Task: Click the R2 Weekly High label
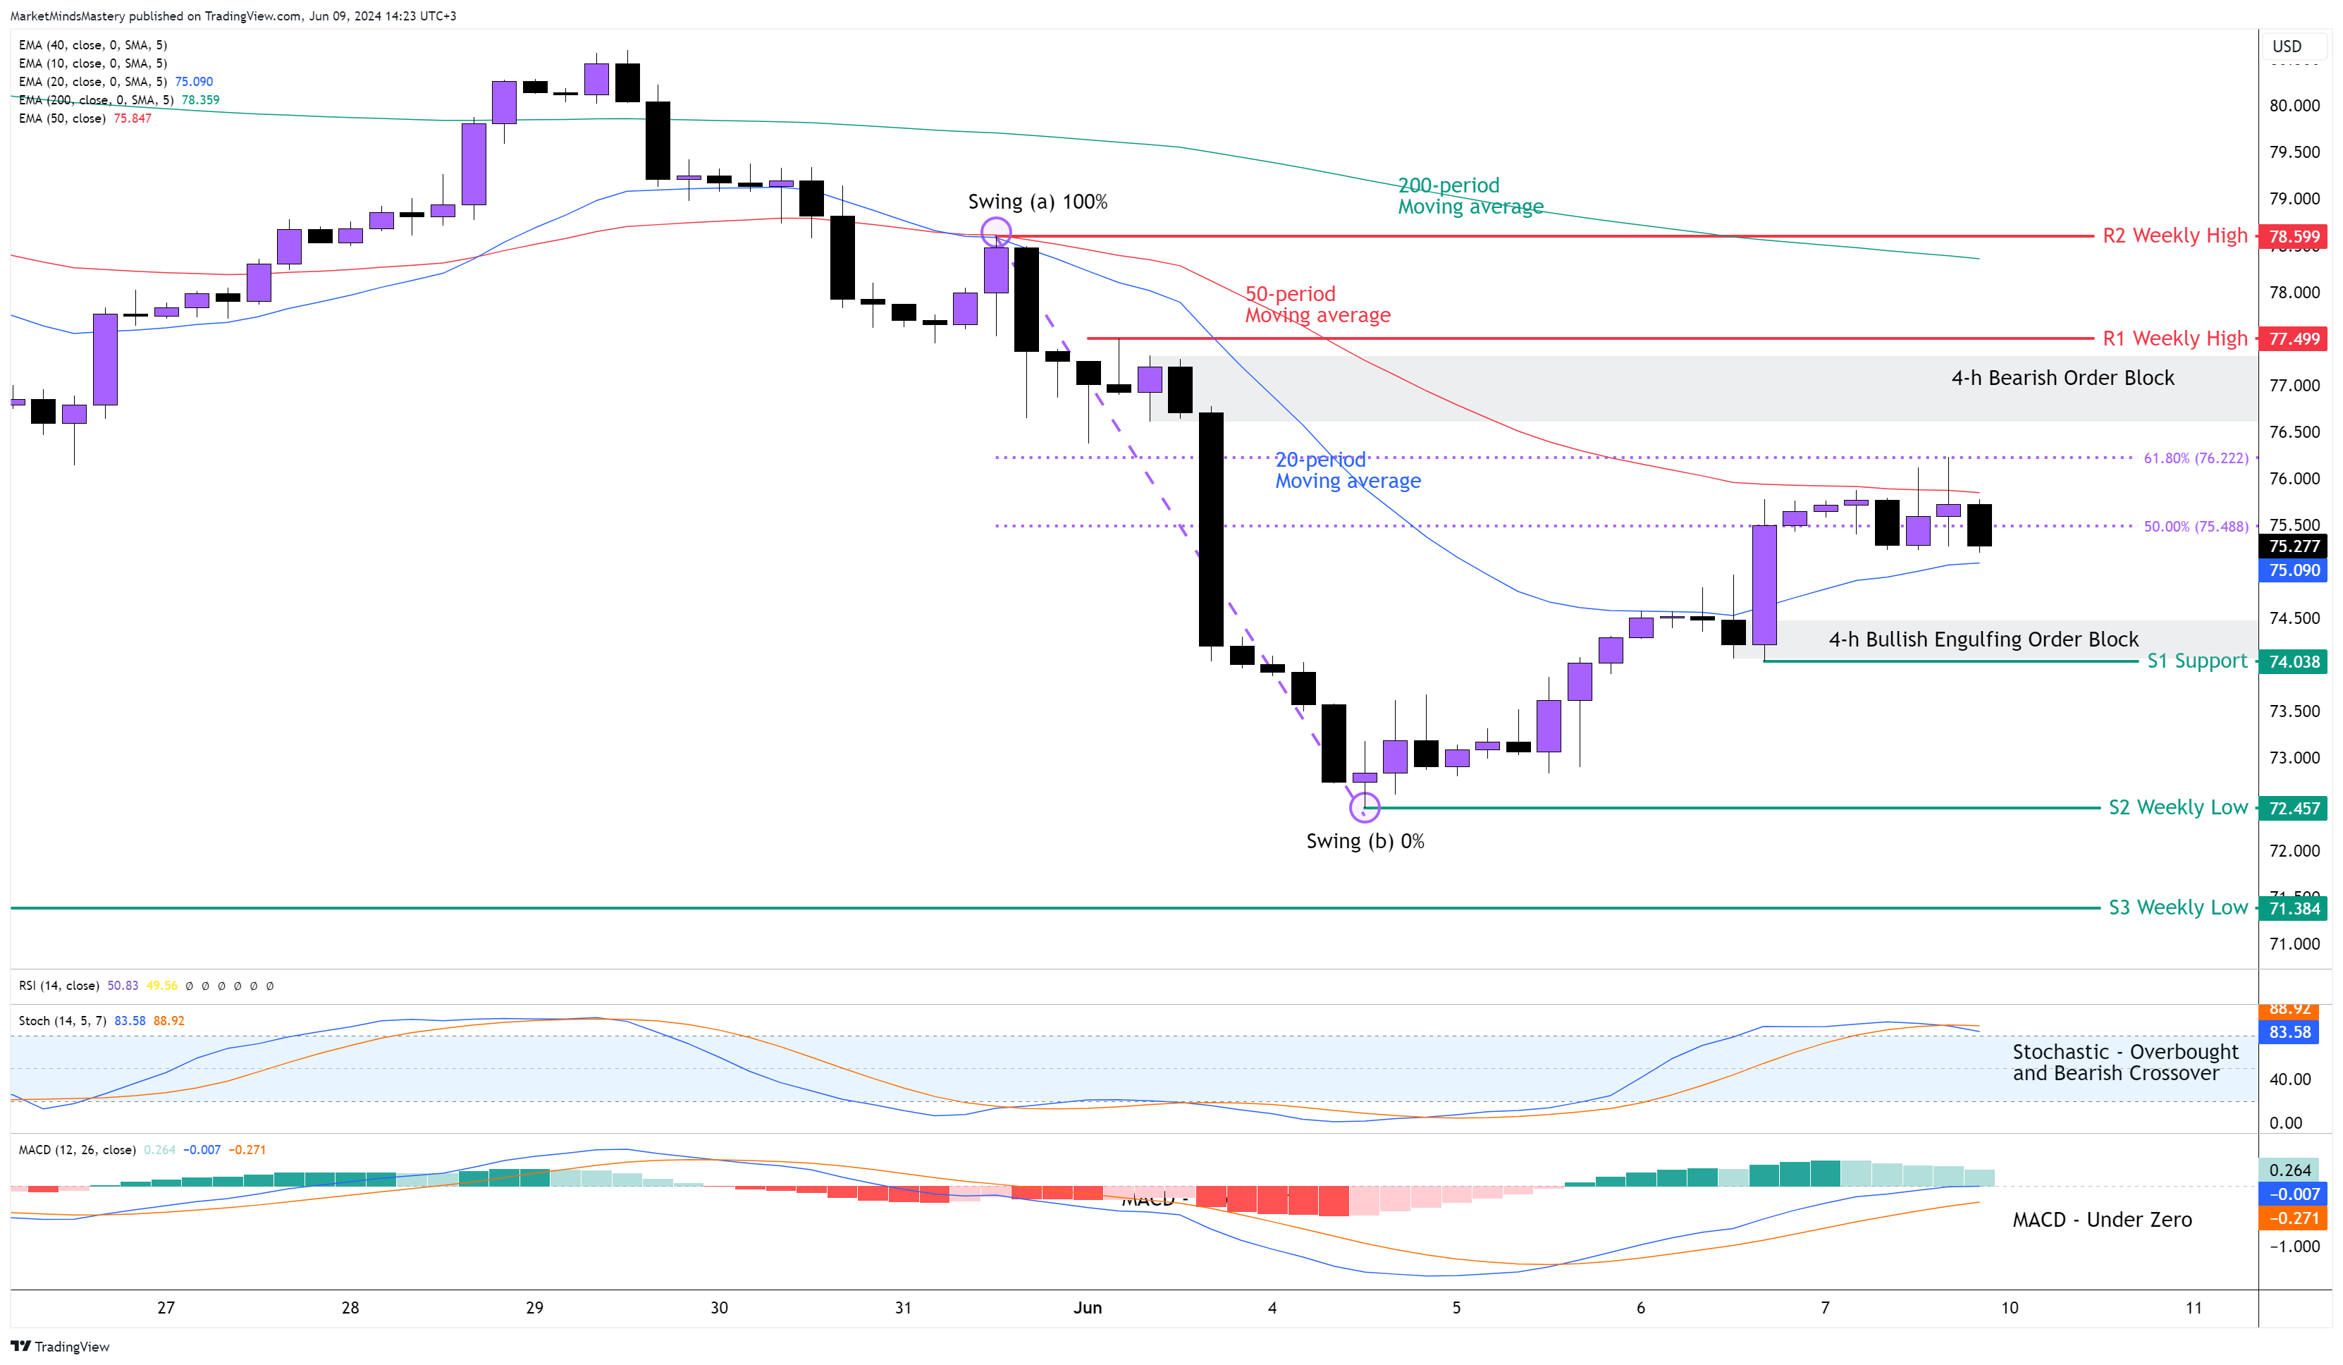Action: tap(2174, 235)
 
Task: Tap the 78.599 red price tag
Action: tap(2293, 236)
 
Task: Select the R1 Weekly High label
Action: tap(2174, 338)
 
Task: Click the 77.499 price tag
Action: tap(2293, 338)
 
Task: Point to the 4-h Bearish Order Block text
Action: tap(2062, 377)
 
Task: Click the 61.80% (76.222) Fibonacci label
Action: tap(2195, 458)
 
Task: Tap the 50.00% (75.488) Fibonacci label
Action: tap(2195, 526)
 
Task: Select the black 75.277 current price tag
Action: tap(2293, 546)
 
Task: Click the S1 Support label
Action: tap(2196, 661)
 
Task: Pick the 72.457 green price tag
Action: tap(2293, 808)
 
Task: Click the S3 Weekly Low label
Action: tap(2177, 907)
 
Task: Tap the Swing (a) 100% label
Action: tap(1037, 202)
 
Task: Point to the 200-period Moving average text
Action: tap(1469, 196)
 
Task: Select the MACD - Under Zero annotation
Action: tap(2101, 1219)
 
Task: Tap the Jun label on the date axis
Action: tap(1087, 1307)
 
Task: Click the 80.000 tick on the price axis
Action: tap(2293, 105)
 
